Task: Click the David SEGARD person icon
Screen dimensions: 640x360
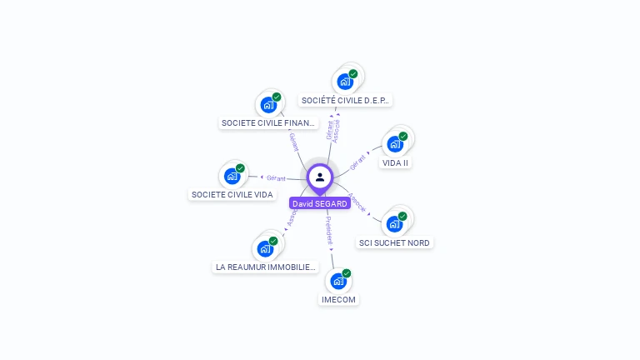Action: (x=320, y=177)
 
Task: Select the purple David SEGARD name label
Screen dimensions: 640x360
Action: (x=320, y=203)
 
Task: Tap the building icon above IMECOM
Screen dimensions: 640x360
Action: (x=339, y=281)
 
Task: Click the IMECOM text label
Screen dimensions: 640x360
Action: (x=339, y=299)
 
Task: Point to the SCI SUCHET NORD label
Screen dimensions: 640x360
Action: (x=394, y=242)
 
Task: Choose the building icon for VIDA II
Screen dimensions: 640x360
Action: (x=395, y=143)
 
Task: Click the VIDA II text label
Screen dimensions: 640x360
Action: (x=395, y=162)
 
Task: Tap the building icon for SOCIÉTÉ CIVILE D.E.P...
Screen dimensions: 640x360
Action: (x=344, y=82)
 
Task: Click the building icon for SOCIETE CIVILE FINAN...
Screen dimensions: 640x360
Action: (x=268, y=104)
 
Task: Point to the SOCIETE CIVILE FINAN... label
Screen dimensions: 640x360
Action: (x=268, y=123)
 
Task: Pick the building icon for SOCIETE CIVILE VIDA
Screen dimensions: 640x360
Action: (x=232, y=176)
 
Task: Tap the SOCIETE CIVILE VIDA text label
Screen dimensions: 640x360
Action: (x=232, y=195)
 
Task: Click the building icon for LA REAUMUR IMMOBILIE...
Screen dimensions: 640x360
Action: (x=265, y=248)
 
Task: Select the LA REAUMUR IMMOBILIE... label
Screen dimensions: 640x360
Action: (x=266, y=267)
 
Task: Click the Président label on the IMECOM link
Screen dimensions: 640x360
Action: (x=329, y=230)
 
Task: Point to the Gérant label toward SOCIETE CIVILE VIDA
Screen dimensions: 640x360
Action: (x=276, y=177)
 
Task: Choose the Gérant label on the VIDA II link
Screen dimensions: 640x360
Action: (x=358, y=161)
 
